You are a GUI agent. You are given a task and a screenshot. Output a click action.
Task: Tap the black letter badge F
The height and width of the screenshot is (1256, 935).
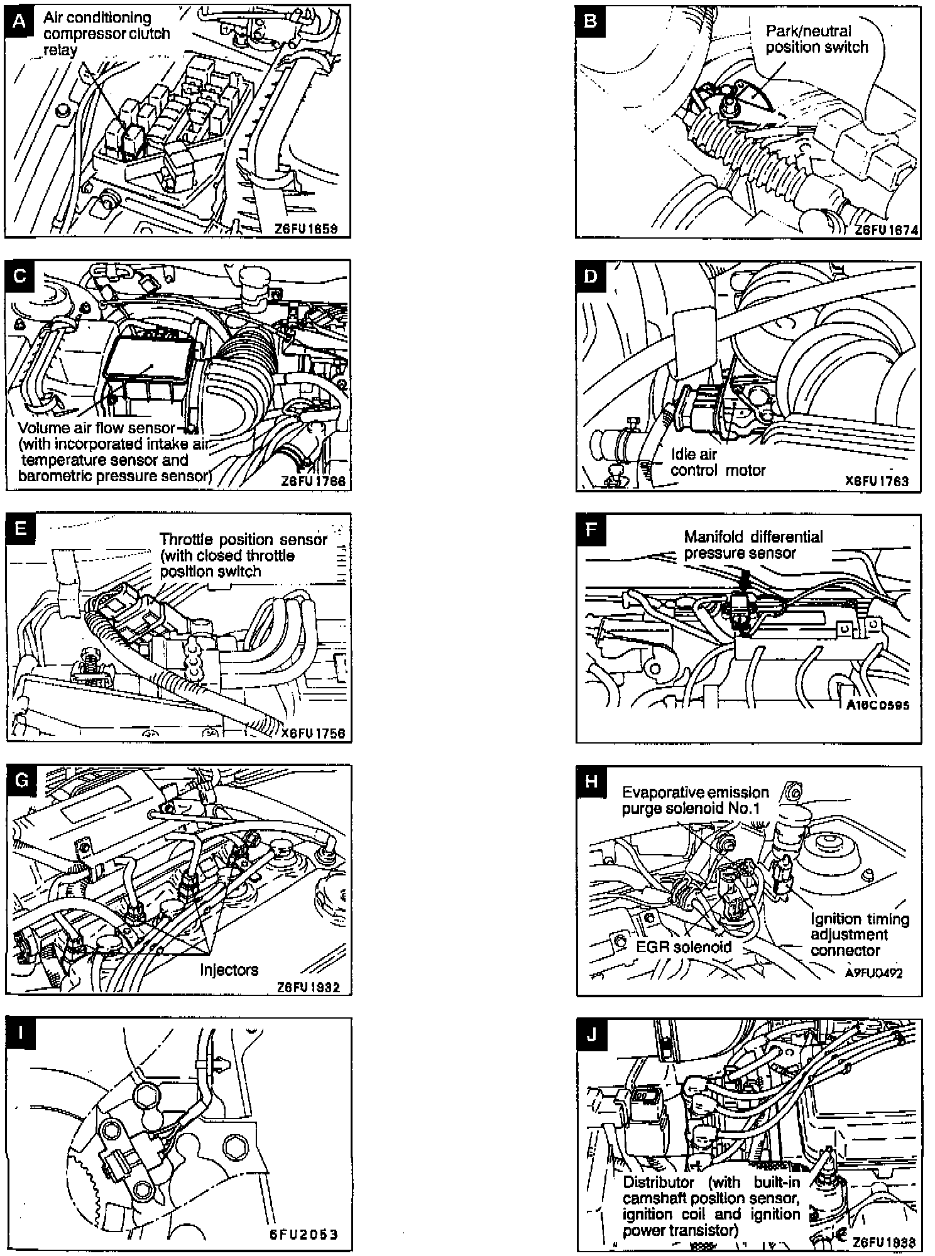pyautogui.click(x=591, y=529)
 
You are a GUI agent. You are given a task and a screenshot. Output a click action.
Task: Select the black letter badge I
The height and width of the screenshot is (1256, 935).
pyautogui.click(x=20, y=1034)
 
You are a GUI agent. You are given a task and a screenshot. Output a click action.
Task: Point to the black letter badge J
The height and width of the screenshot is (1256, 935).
pyautogui.click(x=591, y=1034)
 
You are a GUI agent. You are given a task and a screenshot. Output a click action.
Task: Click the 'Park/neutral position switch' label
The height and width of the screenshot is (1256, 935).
pyautogui.click(x=816, y=39)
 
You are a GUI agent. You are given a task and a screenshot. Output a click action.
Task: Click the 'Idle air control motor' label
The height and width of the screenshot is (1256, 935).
pyautogui.click(x=718, y=462)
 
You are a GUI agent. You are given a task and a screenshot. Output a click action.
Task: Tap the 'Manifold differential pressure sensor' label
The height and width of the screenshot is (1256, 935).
pyautogui.click(x=753, y=544)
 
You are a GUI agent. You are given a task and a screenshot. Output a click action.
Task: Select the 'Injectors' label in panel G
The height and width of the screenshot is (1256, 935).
pyautogui.click(x=229, y=970)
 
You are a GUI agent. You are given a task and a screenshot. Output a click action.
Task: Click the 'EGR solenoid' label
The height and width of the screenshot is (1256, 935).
pyautogui.click(x=684, y=946)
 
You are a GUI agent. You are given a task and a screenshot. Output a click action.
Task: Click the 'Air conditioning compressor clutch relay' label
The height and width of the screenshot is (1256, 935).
pyautogui.click(x=106, y=34)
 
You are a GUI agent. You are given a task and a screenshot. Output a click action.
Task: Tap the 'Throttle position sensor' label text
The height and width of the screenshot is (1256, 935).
pyautogui.click(x=243, y=540)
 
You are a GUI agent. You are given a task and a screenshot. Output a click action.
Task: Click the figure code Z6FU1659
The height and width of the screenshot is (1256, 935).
pyautogui.click(x=306, y=229)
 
